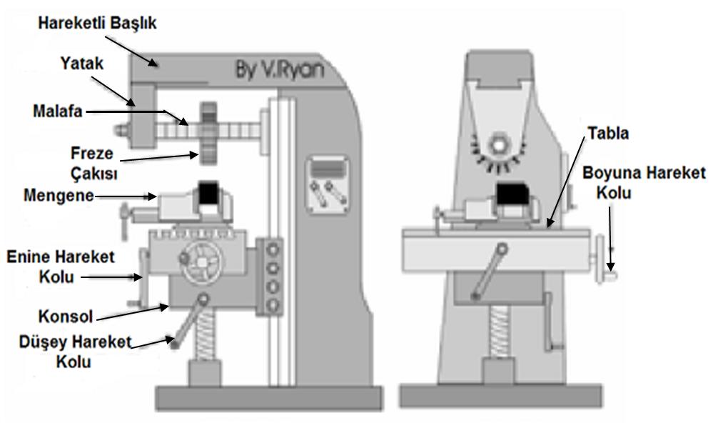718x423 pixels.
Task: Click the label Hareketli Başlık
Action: coord(97,23)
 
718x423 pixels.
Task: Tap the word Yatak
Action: coord(82,64)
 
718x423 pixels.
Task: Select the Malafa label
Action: coord(58,111)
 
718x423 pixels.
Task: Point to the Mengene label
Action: coord(59,196)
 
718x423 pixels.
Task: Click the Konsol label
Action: coord(66,317)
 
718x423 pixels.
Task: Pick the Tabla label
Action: coord(608,134)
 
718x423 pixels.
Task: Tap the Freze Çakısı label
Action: coord(94,164)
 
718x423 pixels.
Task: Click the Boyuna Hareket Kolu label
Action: coord(644,182)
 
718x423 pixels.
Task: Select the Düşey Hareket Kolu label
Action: coord(75,352)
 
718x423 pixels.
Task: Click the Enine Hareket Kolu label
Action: coord(60,267)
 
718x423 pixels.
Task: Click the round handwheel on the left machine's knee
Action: coord(201,262)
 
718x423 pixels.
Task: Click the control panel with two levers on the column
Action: coord(327,184)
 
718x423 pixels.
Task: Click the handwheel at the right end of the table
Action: coord(602,259)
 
